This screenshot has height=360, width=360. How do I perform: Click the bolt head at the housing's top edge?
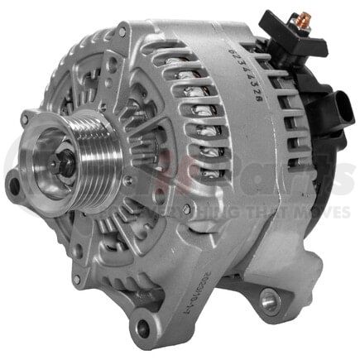click(x=122, y=32)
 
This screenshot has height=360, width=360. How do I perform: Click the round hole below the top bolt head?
click(x=123, y=50)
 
